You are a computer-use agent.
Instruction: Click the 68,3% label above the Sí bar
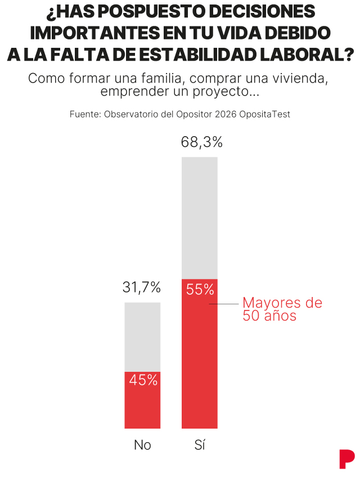201,142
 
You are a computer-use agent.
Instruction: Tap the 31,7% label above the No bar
142,288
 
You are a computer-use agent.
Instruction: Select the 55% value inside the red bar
200,290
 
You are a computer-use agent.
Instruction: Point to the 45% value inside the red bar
143,380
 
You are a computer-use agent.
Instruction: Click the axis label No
142,445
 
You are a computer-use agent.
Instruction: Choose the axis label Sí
199,445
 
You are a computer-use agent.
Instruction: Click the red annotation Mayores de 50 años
282,309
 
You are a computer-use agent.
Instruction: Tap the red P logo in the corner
346,458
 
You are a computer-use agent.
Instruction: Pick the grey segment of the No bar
142,336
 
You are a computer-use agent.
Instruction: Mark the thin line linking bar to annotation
224,304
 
